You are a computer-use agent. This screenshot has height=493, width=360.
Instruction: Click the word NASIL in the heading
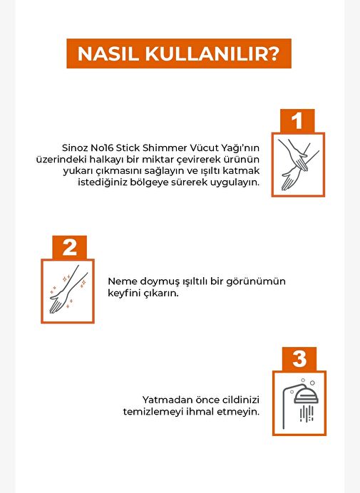[x=108, y=54]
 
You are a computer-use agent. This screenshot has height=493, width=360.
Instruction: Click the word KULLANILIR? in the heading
[x=212, y=54]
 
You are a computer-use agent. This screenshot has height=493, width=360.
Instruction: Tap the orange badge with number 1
[x=297, y=120]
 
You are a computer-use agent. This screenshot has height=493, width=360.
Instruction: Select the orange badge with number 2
[x=70, y=247]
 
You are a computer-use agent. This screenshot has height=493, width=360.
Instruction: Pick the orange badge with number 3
[x=299, y=359]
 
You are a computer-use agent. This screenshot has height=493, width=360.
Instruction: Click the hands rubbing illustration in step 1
[x=298, y=165]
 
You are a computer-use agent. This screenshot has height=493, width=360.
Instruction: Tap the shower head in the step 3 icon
[x=307, y=394]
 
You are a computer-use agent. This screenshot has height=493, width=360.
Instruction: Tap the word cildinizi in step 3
[x=241, y=400]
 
